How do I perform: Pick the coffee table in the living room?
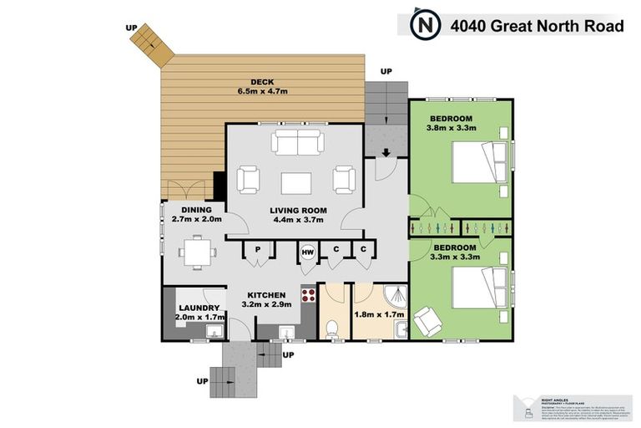tap(296, 182)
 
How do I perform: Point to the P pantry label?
tap(259, 249)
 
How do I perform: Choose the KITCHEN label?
tap(266, 295)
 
